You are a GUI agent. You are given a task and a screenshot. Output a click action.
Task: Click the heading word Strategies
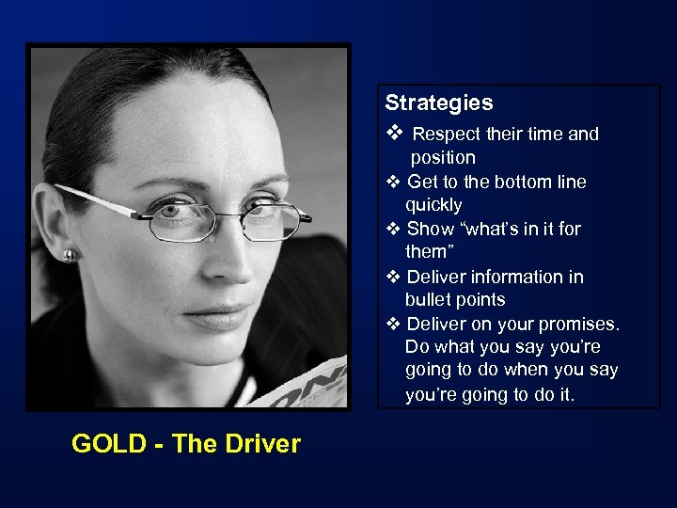point(438,103)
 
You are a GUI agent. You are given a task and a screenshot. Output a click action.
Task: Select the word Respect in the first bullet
point(447,135)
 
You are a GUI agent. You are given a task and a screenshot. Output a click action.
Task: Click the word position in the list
point(443,158)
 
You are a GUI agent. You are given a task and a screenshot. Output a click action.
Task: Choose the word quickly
point(433,205)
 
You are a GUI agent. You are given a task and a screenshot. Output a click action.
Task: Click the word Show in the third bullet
point(430,230)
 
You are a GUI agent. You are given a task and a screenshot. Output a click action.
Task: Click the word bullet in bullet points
point(429,300)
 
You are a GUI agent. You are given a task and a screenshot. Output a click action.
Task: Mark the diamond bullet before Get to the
point(394,182)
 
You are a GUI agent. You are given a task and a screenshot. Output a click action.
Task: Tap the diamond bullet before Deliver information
point(394,277)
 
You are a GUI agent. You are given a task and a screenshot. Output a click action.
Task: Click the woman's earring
point(69,255)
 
